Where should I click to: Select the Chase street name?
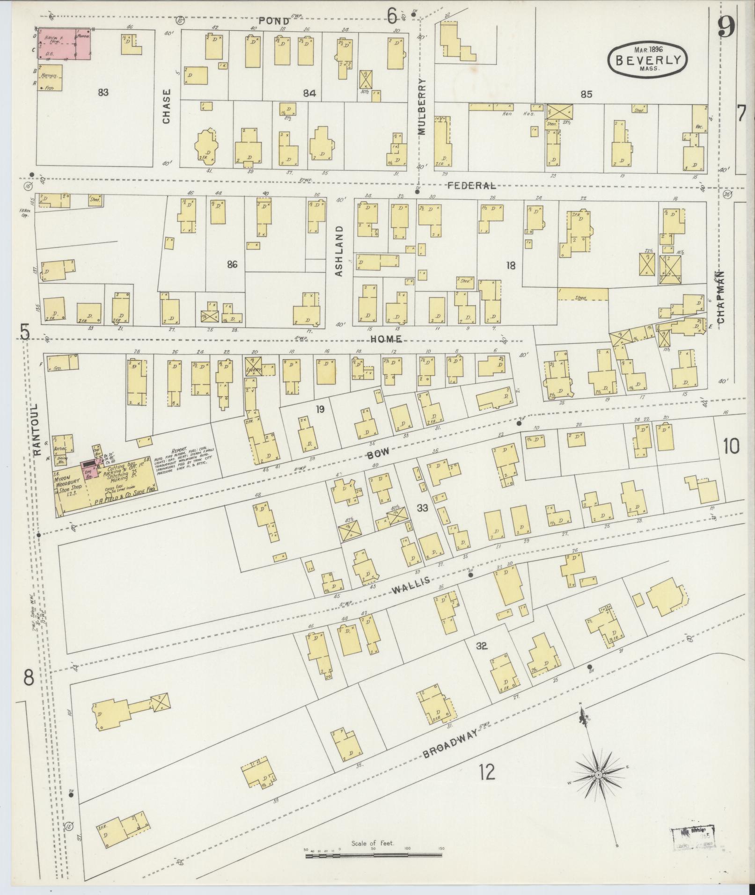tap(167, 106)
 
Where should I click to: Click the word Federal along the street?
tap(471, 186)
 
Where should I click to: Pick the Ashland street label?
tap(339, 251)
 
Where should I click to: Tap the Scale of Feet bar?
tap(373, 855)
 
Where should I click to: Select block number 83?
tap(103, 92)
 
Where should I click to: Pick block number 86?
tap(232, 265)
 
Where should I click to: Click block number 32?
tap(482, 647)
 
